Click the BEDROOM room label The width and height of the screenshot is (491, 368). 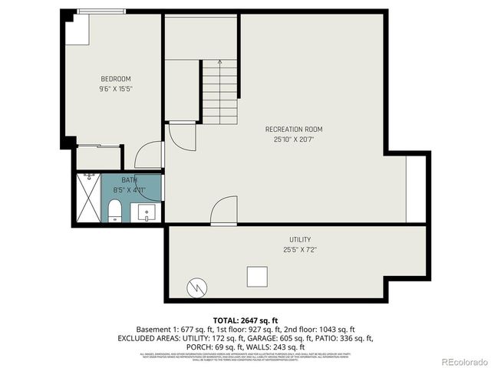pos(116,79)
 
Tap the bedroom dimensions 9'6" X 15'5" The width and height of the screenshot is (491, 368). pos(116,89)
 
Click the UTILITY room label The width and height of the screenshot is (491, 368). pos(300,240)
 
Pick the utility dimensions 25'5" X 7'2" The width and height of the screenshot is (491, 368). pos(300,250)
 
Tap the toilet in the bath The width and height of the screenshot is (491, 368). pos(114,210)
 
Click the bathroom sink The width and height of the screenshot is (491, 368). pos(147,212)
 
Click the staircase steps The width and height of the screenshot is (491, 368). pos(220,94)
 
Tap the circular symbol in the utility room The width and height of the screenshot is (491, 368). pos(197,288)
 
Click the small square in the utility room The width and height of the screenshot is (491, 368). pos(256,276)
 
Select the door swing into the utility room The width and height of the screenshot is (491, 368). pos(223,211)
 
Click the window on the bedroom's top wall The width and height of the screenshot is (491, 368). pos(101,11)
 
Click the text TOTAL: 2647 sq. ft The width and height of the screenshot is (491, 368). pos(245,319)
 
